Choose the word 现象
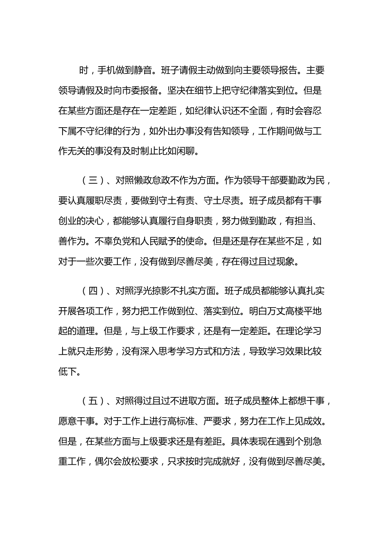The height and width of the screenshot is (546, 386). pyautogui.click(x=287, y=262)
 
